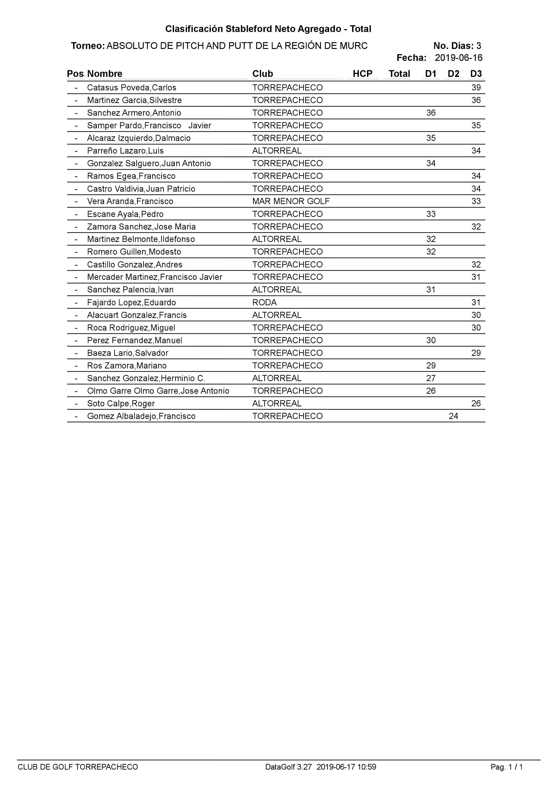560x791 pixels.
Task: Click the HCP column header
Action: tap(362, 74)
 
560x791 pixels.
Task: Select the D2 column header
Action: tap(453, 74)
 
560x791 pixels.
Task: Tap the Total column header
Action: tap(399, 74)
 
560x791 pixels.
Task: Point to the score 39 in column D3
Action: tap(476, 87)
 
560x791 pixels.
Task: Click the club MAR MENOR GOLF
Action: tap(291, 201)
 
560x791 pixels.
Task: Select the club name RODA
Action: tap(265, 302)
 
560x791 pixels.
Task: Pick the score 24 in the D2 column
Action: tap(453, 416)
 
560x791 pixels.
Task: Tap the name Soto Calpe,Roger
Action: tap(121, 403)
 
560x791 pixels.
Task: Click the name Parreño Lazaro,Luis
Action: tap(125, 151)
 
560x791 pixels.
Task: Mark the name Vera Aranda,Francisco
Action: tap(130, 201)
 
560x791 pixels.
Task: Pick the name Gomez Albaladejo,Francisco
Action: tap(141, 416)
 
